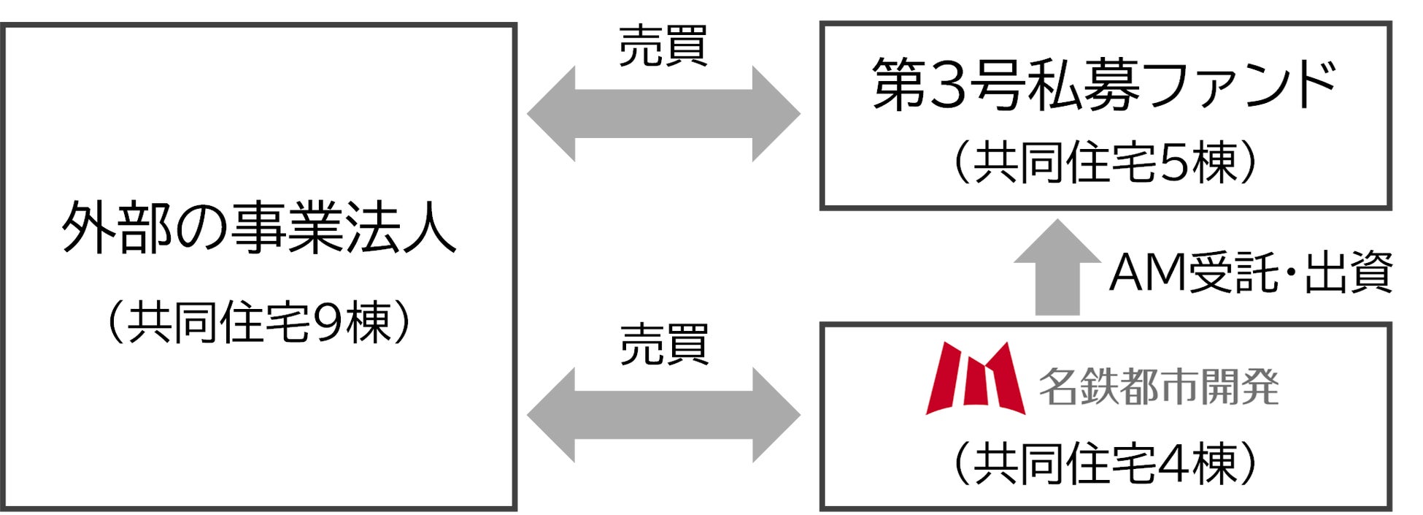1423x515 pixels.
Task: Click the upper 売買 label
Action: (x=663, y=47)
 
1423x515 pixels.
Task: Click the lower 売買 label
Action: (x=663, y=345)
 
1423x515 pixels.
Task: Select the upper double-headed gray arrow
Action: (x=663, y=113)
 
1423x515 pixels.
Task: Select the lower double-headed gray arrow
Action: (x=663, y=415)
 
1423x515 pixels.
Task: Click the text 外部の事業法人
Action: (x=259, y=228)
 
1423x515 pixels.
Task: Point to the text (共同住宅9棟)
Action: (x=259, y=322)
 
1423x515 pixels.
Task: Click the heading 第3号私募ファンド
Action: (x=1104, y=85)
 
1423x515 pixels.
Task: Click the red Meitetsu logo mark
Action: (x=975, y=378)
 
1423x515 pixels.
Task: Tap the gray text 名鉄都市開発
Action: (x=1159, y=386)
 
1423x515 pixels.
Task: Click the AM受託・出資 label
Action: (x=1251, y=272)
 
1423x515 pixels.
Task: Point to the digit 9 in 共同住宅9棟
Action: (x=325, y=323)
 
